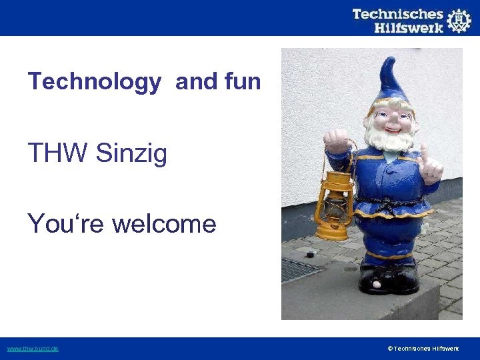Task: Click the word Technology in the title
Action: click(94, 82)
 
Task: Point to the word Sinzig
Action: click(131, 154)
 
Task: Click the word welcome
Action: click(164, 223)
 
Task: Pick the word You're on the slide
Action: click(66, 223)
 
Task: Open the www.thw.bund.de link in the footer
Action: click(33, 349)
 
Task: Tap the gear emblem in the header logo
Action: click(459, 21)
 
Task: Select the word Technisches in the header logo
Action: click(397, 13)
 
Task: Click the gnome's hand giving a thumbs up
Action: click(430, 164)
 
